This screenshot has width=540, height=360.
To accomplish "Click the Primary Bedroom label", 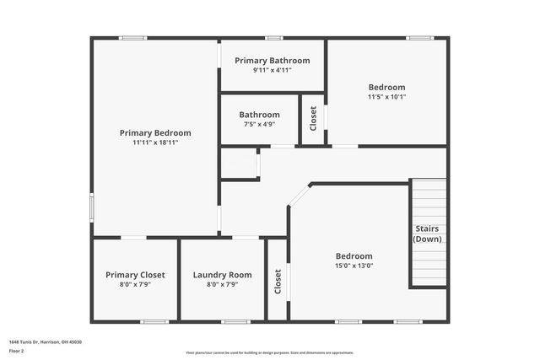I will coord(155,132).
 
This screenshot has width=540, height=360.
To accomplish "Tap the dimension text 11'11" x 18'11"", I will coord(155,142).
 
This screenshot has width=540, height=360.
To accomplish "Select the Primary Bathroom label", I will coord(273,61).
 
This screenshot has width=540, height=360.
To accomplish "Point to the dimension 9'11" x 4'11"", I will coord(273,70).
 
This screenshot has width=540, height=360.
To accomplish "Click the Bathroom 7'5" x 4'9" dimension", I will coord(259,124).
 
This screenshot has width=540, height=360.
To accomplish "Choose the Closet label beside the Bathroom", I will coord(313,118).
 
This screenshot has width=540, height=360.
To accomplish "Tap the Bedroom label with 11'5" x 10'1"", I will coord(386,87).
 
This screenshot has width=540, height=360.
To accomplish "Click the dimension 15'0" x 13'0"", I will coord(354,266).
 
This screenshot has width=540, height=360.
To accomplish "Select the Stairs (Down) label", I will coord(427,234).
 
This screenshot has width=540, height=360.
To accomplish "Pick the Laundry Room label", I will coord(223,275).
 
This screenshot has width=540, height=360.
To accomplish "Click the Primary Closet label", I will coord(135,275).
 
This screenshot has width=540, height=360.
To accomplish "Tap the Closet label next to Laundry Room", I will coord(278,281).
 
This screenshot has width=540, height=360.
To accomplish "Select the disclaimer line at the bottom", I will coord(270,353).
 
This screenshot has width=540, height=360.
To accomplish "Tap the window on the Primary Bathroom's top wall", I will coord(273,37).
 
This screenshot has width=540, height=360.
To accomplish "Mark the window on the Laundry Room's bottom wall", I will coord(235,321).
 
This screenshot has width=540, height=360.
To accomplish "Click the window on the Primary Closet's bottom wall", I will coord(154,321).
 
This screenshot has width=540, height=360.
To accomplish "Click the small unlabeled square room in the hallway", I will coord(239,164).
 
